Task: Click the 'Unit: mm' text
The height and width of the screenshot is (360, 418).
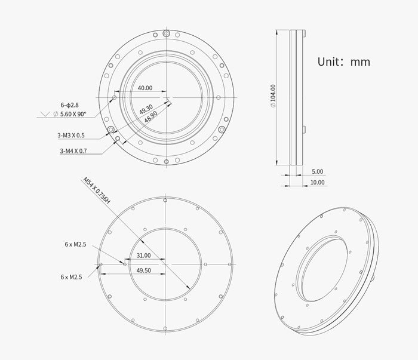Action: coord(343,62)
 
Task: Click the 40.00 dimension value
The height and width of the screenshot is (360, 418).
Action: coord(145,88)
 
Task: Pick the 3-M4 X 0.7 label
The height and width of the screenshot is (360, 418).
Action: coord(73,152)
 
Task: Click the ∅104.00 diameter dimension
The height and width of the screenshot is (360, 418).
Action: coord(273,96)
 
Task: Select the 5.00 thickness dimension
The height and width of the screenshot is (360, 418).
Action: coord(317,171)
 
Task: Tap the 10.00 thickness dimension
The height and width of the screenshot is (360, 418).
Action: coord(317,182)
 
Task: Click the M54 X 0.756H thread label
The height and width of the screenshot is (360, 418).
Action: coord(97,192)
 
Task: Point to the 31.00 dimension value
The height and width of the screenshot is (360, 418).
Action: coord(143,256)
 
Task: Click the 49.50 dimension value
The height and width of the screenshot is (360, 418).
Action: coord(143,270)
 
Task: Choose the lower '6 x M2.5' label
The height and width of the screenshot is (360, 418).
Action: coord(72,277)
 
